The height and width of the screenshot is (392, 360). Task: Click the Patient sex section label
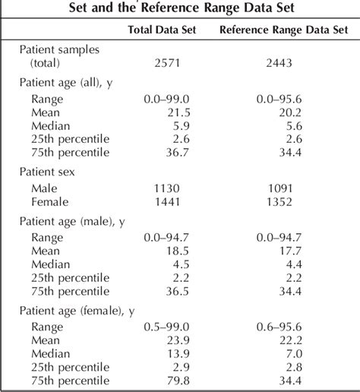(50, 172)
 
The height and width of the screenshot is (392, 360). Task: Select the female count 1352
(282, 202)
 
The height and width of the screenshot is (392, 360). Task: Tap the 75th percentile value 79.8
(167, 381)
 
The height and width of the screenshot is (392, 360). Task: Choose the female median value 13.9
(167, 353)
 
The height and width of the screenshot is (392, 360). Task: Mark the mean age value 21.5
(167, 112)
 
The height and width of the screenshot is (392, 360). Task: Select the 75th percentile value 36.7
(167, 153)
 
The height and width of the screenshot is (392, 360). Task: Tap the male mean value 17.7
(285, 250)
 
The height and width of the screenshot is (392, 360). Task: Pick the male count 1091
(282, 188)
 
